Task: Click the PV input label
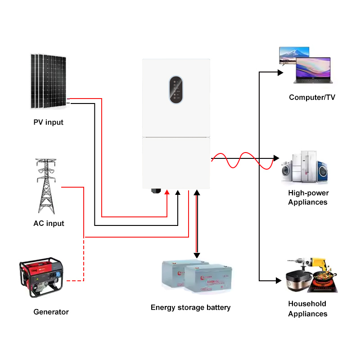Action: pyautogui.click(x=48, y=122)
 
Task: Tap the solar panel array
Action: pyautogui.click(x=49, y=81)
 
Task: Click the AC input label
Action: pyautogui.click(x=49, y=223)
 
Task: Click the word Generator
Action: pyautogui.click(x=51, y=312)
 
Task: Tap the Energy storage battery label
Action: pyautogui.click(x=190, y=307)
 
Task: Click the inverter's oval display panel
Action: pyautogui.click(x=176, y=90)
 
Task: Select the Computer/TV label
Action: pyautogui.click(x=312, y=97)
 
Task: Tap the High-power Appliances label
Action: pyautogui.click(x=308, y=198)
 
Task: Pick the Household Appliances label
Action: pyautogui.click(x=308, y=309)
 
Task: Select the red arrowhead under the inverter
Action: pyautogui.click(x=167, y=193)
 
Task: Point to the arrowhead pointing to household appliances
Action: pyautogui.click(x=278, y=280)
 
